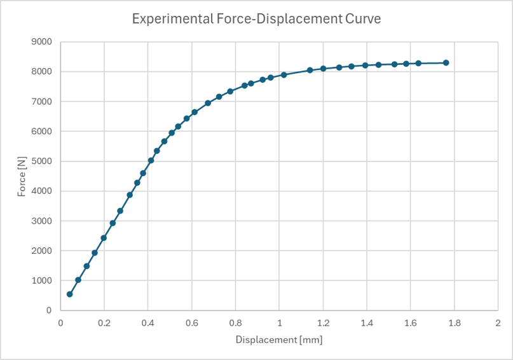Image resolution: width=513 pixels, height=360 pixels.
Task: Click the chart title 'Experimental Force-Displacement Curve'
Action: [x=256, y=19]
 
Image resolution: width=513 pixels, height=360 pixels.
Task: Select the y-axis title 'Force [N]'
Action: [x=22, y=176]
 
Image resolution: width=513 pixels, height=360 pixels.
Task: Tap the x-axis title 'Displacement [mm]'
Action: [x=279, y=339]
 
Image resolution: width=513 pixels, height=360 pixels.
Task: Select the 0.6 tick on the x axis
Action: [x=192, y=322]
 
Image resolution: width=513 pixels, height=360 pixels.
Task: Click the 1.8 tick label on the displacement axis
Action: [x=454, y=322]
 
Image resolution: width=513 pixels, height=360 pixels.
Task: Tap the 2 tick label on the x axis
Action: [x=498, y=322]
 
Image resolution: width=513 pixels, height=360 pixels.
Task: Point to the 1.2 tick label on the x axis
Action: [x=323, y=322]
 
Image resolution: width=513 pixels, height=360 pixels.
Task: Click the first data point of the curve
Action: [x=69, y=294]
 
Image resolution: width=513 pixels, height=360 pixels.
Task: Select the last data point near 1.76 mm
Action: [x=446, y=63]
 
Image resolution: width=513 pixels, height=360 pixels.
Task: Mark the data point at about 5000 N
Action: [x=151, y=160]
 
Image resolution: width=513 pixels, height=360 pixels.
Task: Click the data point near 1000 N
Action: [x=78, y=280]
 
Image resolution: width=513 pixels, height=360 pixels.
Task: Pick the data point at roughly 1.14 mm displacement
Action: [x=310, y=70]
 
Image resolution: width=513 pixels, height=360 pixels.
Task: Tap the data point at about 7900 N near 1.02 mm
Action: [x=284, y=74]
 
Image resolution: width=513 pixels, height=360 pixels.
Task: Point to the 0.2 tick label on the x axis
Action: [x=104, y=322]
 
